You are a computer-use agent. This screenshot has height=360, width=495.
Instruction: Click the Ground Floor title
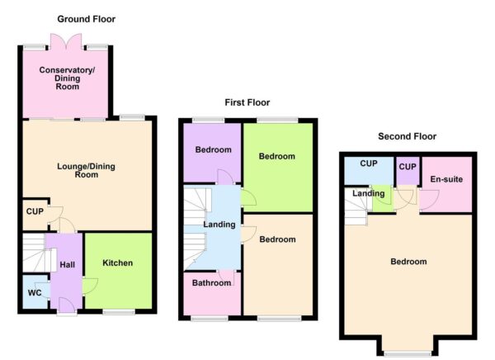coord(87,19)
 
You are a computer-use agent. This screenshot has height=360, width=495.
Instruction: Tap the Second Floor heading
coord(407,136)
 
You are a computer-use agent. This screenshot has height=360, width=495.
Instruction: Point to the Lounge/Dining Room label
coord(87,170)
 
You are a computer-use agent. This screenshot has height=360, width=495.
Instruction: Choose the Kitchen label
coord(117,263)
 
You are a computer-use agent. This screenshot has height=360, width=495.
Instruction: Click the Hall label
coord(67,264)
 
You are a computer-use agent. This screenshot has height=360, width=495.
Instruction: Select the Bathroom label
coord(211,283)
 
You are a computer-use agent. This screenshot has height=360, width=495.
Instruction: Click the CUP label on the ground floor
coord(34,211)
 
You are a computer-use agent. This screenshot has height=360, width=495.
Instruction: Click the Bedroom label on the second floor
coord(408,262)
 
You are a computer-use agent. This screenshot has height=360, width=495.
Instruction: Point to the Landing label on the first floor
coord(219,224)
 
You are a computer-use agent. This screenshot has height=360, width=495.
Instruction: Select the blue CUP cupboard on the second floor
coord(368,167)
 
